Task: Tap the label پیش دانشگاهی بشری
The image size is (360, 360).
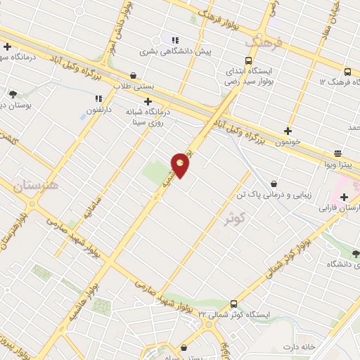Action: [x=174, y=51]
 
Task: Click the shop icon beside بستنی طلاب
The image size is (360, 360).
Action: [x=134, y=75]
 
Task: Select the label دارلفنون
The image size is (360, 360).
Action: [x=100, y=111]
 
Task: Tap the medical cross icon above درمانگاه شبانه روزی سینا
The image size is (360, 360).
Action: [x=148, y=101]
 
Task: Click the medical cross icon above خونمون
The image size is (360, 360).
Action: [x=287, y=130]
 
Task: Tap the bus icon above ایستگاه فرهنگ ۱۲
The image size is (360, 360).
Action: [x=347, y=71]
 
